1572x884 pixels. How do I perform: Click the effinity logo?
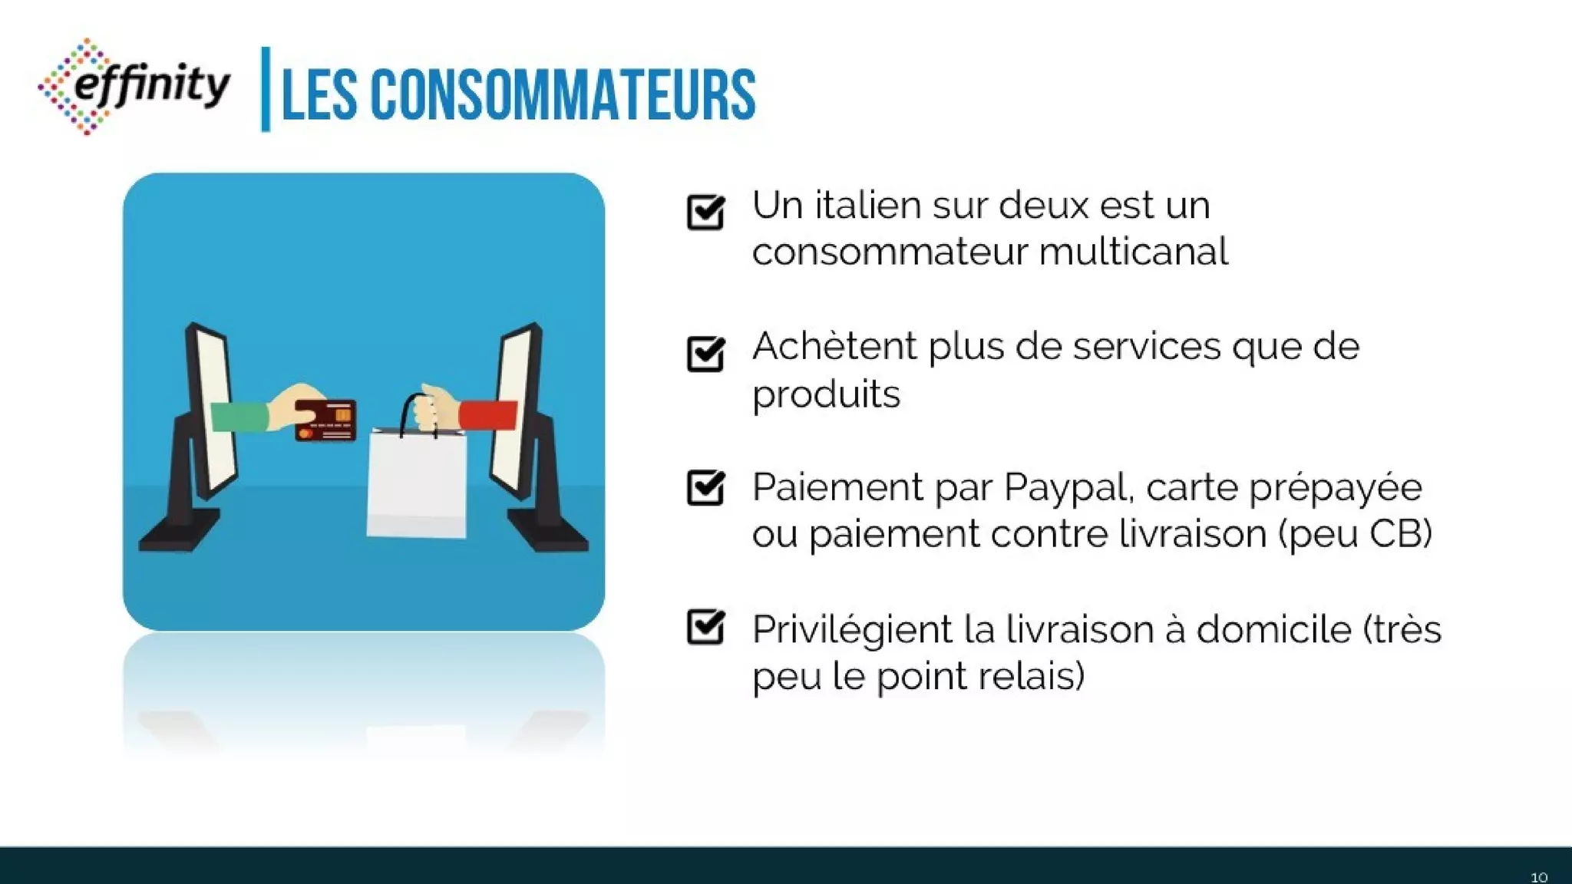point(134,86)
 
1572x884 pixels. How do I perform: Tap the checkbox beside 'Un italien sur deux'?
point(705,212)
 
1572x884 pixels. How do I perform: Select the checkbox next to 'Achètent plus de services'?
point(705,353)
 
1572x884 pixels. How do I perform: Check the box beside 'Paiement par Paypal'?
point(705,487)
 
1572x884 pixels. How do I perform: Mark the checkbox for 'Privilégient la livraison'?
point(705,627)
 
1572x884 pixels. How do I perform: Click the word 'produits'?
point(826,394)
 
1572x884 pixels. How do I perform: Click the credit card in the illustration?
point(325,420)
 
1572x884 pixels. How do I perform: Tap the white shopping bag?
point(417,483)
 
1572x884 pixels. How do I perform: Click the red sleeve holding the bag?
point(488,415)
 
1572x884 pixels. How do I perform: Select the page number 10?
point(1538,877)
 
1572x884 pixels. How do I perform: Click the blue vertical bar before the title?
point(266,89)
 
